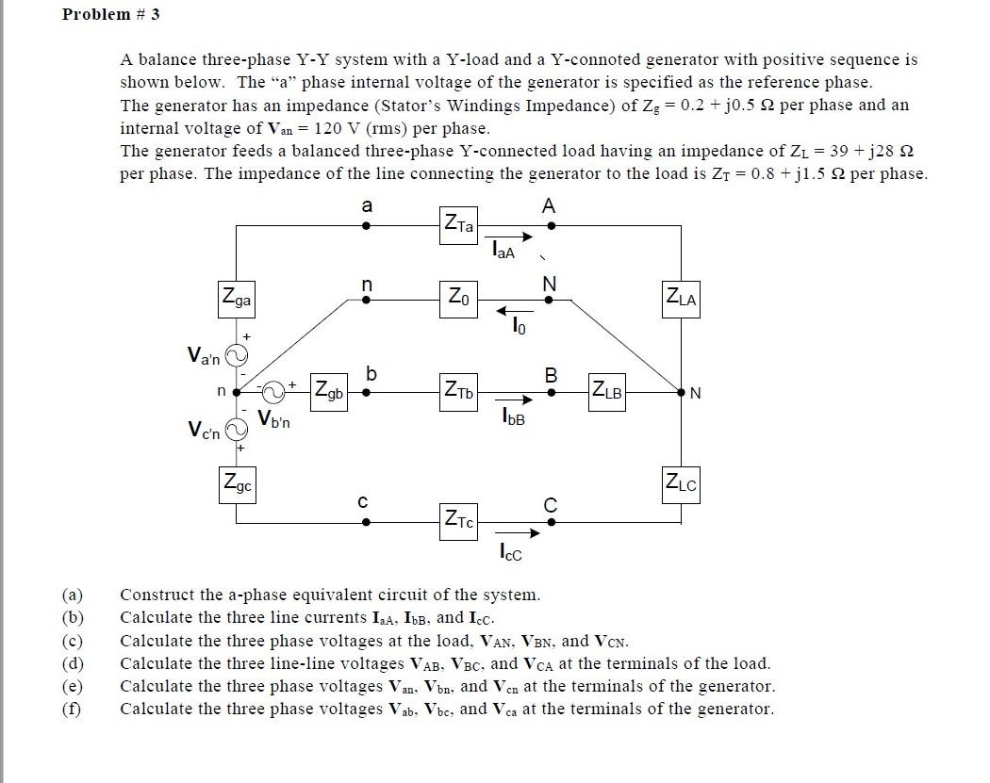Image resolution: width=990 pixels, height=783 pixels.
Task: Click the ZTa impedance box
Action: coord(459,225)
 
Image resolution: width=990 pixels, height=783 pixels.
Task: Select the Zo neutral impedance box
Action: coord(458,300)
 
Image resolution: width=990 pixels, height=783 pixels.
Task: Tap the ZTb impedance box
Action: coord(459,389)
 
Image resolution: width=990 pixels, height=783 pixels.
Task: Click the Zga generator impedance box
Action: coord(236,301)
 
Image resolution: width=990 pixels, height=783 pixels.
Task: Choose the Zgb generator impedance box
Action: coord(329,389)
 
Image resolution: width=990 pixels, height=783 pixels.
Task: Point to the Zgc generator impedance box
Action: coord(236,485)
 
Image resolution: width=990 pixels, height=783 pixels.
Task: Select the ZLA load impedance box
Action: coord(681,299)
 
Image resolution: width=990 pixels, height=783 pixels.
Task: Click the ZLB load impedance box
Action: coord(606,389)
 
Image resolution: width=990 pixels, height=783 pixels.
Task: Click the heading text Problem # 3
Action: coord(104,14)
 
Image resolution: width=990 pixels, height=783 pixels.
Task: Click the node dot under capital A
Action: coord(552,226)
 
